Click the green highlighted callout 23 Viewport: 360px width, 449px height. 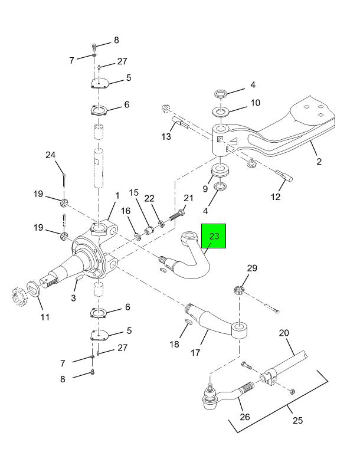tap(214, 236)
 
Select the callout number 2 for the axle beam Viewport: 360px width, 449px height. tap(319, 162)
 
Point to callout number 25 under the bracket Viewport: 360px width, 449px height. tap(297, 420)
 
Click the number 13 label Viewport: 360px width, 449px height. tap(166, 136)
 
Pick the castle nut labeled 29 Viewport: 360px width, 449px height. tap(239, 290)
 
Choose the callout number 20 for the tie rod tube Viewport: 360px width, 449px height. tap(283, 333)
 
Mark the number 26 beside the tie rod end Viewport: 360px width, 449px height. tap(244, 417)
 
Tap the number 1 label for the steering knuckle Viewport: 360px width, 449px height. tap(117, 195)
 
